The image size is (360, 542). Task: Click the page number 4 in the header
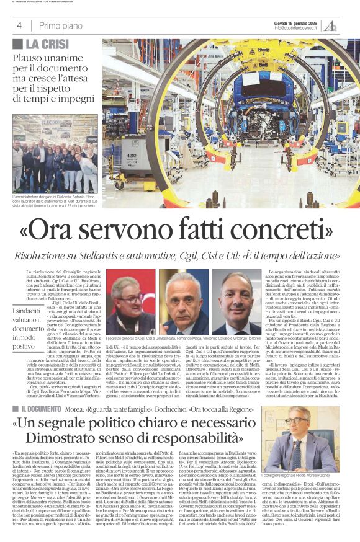tap(19, 25)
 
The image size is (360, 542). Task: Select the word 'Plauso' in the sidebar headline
tap(29, 58)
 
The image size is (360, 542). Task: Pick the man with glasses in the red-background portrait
tap(130, 301)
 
